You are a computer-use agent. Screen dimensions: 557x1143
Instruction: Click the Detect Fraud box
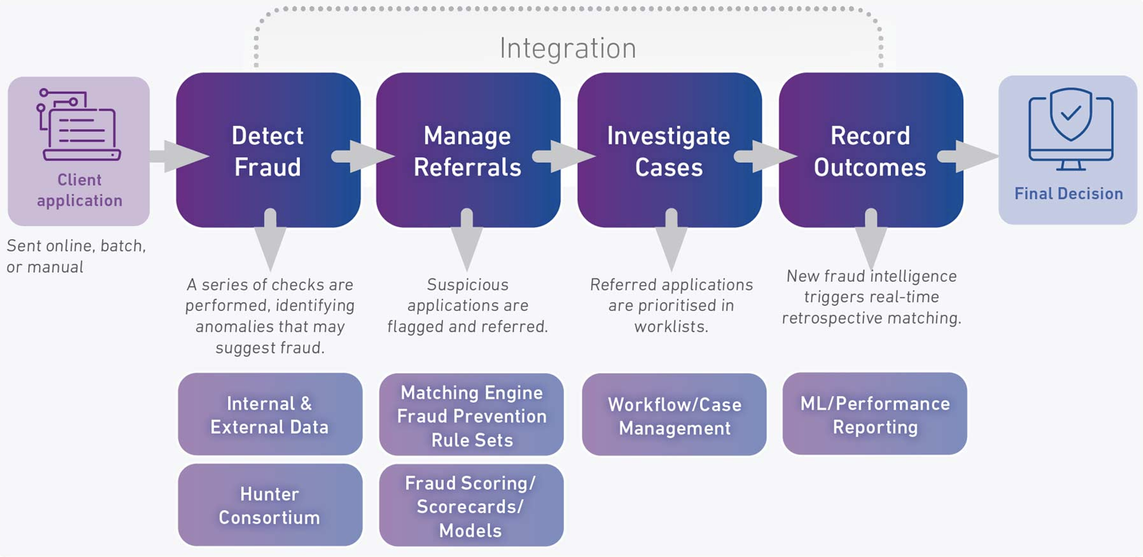pos(268,150)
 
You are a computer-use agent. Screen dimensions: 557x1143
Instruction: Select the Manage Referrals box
pos(468,150)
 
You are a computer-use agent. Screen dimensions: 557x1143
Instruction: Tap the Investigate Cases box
pos(669,150)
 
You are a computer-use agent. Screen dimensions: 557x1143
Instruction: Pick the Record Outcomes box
pos(870,150)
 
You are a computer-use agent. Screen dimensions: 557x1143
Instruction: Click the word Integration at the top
pos(568,49)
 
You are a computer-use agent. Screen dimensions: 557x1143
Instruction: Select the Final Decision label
pos(1069,194)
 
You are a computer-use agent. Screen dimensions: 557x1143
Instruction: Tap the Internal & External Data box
pos(270,414)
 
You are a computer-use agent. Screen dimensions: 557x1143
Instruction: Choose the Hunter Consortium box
pos(270,505)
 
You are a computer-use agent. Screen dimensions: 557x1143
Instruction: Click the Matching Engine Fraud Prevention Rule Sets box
pos(471,416)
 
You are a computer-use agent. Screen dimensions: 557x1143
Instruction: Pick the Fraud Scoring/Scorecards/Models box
pos(471,506)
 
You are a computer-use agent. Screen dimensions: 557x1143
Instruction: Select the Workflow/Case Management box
pos(674,416)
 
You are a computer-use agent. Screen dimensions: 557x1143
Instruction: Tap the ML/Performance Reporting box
pos(875,414)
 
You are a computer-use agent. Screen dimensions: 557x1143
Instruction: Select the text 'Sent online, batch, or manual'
pos(76,256)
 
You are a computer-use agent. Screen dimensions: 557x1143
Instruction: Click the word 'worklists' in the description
pos(671,326)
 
